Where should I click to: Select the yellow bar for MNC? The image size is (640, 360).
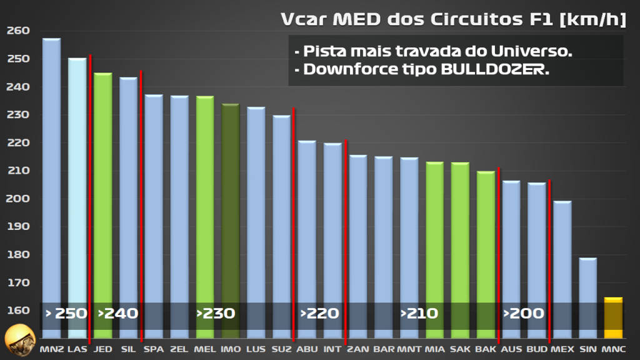[x=613, y=319]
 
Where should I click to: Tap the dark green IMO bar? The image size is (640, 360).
[x=231, y=212]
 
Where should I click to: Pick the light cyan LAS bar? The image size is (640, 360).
[x=77, y=187]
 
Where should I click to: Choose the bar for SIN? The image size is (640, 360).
[x=587, y=294]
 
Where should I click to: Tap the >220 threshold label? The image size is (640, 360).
[x=319, y=313]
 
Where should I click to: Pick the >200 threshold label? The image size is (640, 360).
[x=524, y=313]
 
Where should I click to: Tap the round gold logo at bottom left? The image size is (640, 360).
[x=19, y=340]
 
